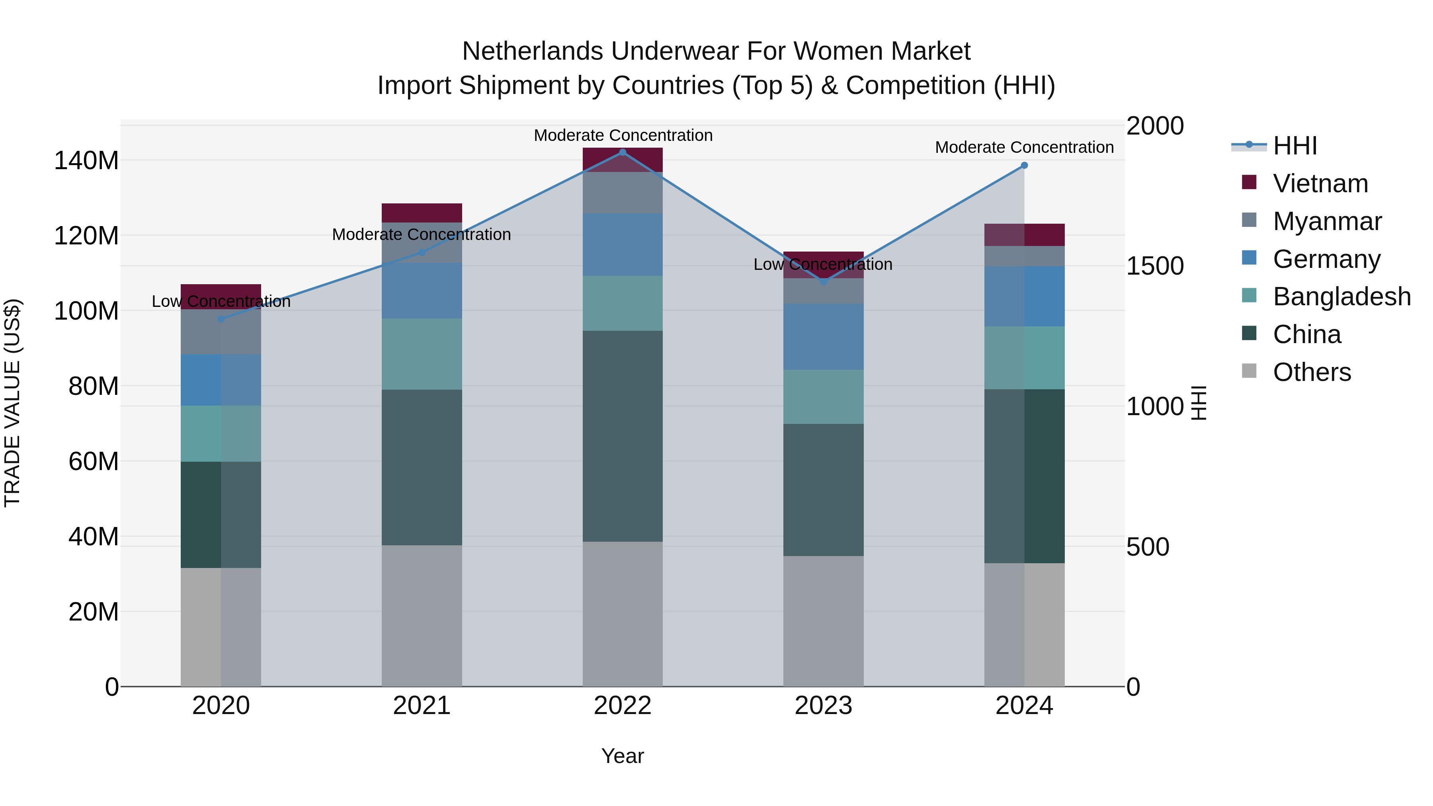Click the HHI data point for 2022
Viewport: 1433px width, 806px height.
coord(623,152)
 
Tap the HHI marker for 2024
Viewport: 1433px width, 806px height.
coord(1024,165)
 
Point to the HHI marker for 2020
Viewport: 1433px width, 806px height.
coord(221,319)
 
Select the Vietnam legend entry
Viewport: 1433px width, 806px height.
coord(1320,183)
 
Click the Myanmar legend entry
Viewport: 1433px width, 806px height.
coord(1326,221)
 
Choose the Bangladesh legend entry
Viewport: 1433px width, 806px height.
coord(1341,297)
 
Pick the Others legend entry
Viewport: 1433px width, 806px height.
coord(1311,372)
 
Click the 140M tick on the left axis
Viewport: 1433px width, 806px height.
coord(86,161)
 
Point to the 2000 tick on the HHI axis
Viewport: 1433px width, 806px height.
coord(1155,126)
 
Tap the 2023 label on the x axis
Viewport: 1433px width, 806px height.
coord(823,706)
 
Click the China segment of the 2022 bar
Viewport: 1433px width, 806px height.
coord(623,436)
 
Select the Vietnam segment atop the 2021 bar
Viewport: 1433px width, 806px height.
coord(422,213)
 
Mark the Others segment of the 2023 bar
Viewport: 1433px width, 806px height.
coord(823,621)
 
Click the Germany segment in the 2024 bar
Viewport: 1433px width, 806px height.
coord(1024,297)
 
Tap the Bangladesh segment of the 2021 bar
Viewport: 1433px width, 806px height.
coord(422,354)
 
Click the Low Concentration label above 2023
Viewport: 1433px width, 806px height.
coord(823,264)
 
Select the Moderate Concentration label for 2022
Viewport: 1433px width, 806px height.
coord(623,135)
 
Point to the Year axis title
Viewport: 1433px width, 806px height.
coord(623,756)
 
